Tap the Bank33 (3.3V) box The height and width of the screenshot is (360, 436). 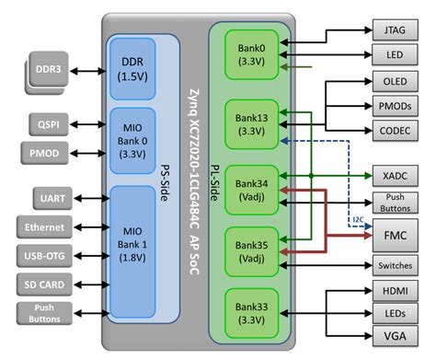251,310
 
